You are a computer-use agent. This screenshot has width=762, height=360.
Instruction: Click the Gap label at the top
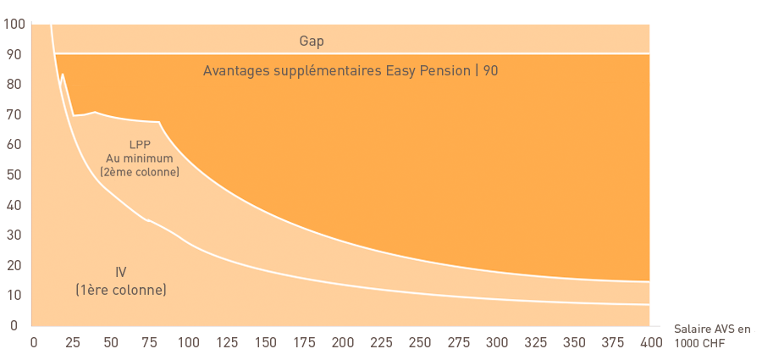click(312, 42)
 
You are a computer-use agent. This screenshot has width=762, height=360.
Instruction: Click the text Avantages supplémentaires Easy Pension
click(337, 71)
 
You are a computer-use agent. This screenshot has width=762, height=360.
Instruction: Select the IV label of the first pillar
click(121, 271)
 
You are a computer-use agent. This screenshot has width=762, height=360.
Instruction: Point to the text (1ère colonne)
click(121, 290)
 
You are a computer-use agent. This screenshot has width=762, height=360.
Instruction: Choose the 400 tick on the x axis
click(649, 342)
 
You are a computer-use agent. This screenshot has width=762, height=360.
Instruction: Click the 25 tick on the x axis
click(73, 342)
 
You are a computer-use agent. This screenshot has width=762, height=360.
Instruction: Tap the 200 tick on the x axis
click(340, 342)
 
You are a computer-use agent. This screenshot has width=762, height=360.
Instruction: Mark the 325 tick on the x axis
click(534, 342)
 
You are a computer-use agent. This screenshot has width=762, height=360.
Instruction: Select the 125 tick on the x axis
click(225, 342)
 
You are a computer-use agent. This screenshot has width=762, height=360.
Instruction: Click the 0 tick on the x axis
click(34, 342)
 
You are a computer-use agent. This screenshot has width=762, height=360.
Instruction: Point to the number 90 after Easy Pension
click(491, 71)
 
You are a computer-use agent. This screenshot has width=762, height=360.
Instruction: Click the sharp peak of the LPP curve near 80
click(62, 74)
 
